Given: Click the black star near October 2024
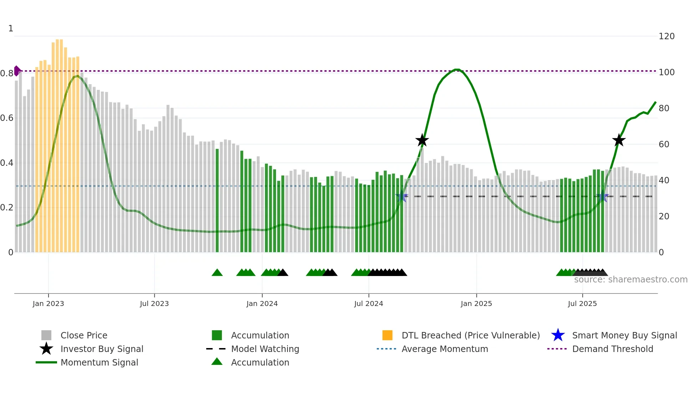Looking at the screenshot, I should [422, 141].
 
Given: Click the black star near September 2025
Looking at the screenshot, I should [619, 141].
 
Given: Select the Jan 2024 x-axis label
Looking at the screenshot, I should [262, 303].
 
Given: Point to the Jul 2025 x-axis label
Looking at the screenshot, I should [582, 303].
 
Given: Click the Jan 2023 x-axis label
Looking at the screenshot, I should [48, 303].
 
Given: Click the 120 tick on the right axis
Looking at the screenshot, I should [666, 36].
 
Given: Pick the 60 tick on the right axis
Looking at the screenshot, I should [664, 144].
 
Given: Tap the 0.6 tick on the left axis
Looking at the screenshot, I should [7, 118].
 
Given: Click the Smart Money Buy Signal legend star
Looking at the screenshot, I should [558, 335].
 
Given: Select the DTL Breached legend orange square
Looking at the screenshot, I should [387, 335].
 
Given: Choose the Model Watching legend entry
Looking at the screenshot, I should [265, 349].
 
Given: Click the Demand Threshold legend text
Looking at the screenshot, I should [612, 349].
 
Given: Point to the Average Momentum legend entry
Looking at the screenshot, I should [444, 349].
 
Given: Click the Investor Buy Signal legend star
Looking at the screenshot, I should [46, 349].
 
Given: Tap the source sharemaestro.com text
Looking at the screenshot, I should [631, 280].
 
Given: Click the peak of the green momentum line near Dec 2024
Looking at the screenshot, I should [457, 70].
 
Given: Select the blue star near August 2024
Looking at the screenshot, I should [402, 196].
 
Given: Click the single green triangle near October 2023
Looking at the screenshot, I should [217, 273].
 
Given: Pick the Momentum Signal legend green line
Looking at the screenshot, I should [46, 362].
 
